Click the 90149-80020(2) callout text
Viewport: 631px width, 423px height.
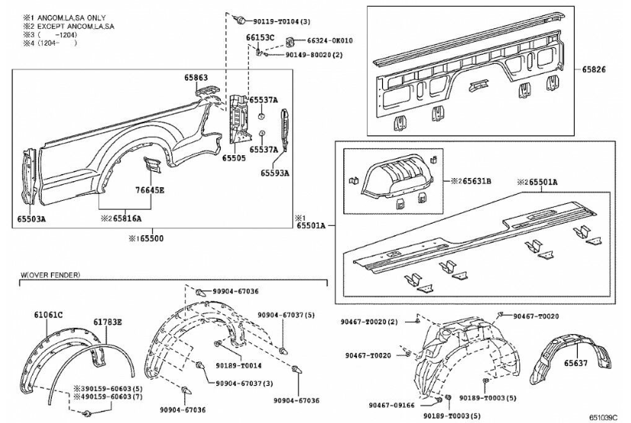pos(314,55)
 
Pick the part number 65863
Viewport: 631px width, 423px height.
pos(196,78)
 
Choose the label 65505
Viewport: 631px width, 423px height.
pos(234,159)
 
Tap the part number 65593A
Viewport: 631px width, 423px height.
pos(275,173)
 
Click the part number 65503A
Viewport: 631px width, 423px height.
pos(32,219)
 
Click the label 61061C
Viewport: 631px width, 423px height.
pos(48,314)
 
